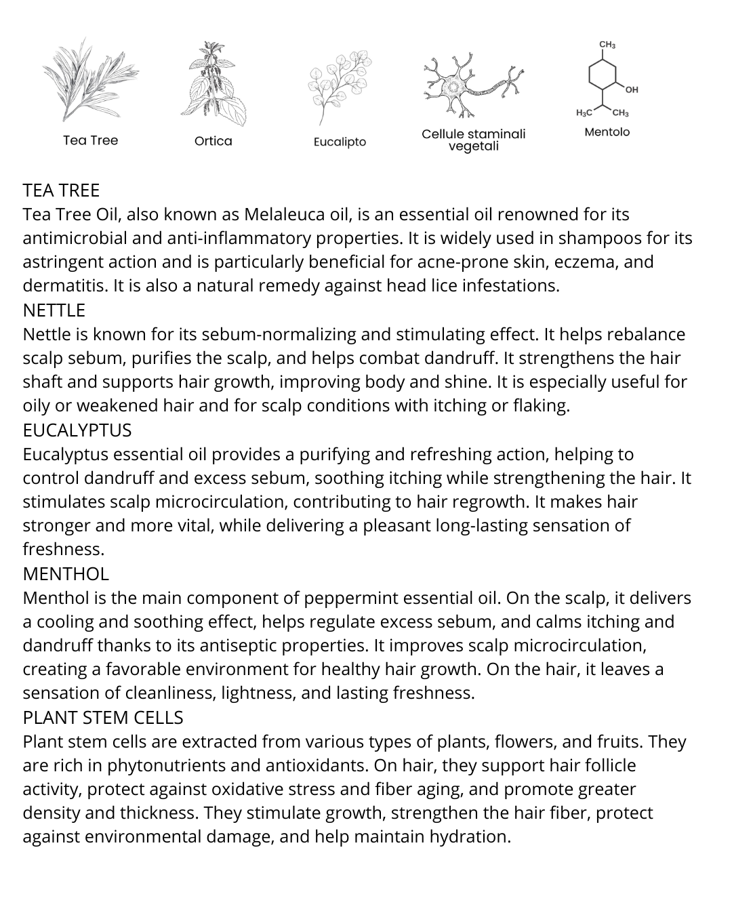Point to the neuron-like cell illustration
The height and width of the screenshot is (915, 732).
(473, 85)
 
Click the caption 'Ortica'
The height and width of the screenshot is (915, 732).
(213, 141)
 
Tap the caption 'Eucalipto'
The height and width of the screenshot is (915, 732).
(340, 142)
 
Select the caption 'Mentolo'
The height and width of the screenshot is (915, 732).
(607, 131)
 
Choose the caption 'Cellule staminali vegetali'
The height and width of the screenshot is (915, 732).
(473, 140)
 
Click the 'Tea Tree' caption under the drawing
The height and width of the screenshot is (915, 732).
(90, 140)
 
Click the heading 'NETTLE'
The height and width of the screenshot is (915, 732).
(54, 310)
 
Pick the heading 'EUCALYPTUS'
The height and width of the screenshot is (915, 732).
(77, 430)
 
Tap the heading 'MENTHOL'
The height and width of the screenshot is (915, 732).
(66, 574)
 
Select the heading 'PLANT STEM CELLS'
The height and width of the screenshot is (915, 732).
(103, 718)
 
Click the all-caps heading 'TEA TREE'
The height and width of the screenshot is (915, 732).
(61, 190)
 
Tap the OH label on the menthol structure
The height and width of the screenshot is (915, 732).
(632, 89)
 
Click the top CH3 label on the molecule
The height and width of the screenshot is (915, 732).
(607, 45)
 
